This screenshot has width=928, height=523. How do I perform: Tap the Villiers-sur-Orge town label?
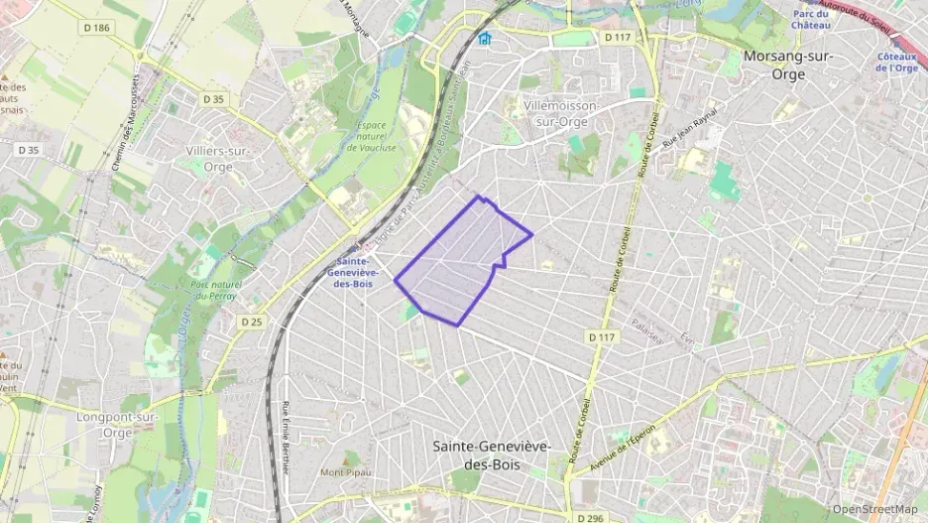coord(217,158)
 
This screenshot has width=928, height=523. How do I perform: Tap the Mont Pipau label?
coord(345,472)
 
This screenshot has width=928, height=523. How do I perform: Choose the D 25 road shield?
coord(251,322)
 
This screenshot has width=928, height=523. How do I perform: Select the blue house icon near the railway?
coord(484,40)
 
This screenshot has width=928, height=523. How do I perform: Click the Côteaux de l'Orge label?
coord(897,63)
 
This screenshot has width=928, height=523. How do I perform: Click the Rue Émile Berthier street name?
coord(286,437)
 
